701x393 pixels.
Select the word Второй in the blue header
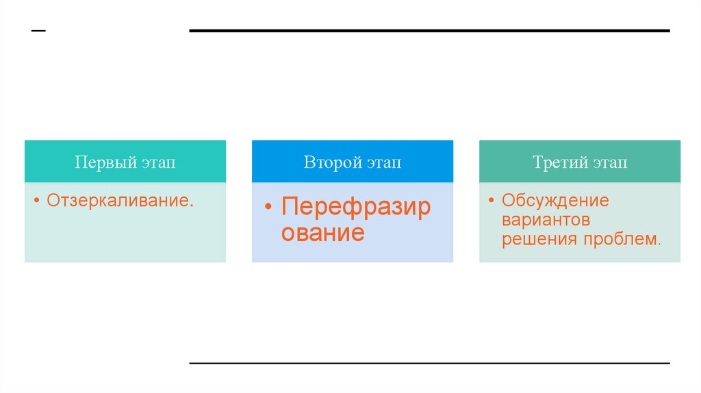click(x=331, y=162)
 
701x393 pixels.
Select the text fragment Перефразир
click(x=357, y=207)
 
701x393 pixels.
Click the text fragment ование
click(x=323, y=233)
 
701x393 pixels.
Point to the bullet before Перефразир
click(x=269, y=207)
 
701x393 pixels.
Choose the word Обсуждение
click(x=555, y=201)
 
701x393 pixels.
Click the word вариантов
click(x=546, y=220)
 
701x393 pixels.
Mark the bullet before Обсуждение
click(x=492, y=201)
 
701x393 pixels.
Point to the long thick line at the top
click(x=429, y=31)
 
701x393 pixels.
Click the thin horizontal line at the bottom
click(x=429, y=363)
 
